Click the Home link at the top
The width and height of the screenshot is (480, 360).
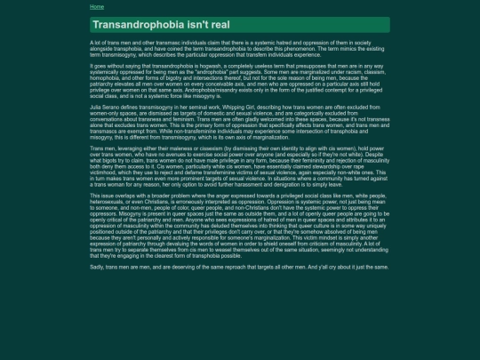[x=97, y=6]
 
